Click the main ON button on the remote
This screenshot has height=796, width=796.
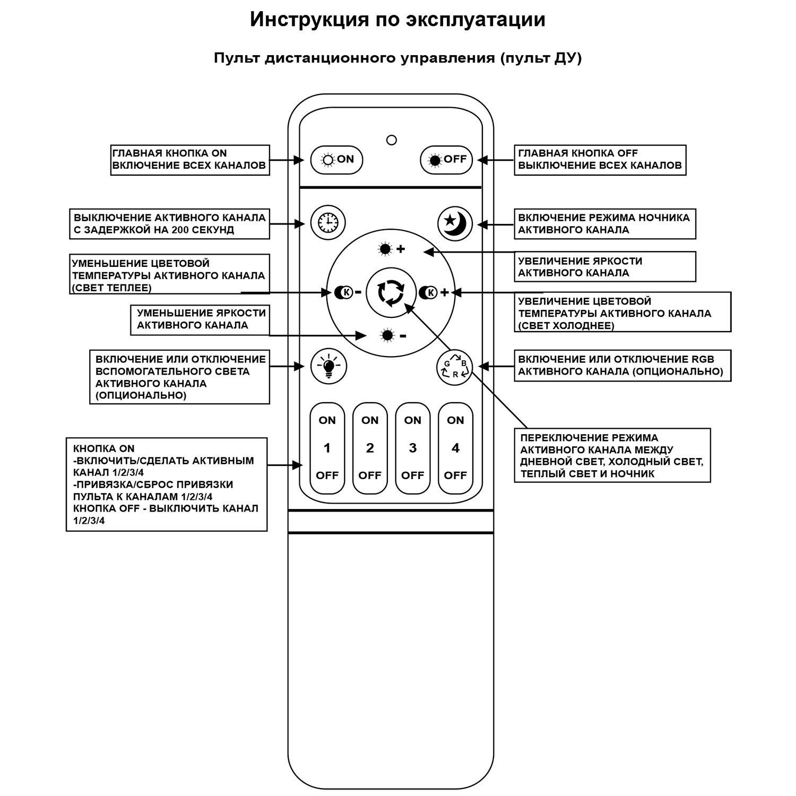pyautogui.click(x=336, y=159)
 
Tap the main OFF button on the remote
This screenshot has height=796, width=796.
pyautogui.click(x=446, y=159)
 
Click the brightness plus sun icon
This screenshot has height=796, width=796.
pyautogui.click(x=391, y=249)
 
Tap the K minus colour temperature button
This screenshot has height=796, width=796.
pyautogui.click(x=348, y=292)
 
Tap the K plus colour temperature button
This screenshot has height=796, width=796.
pyautogui.click(x=433, y=292)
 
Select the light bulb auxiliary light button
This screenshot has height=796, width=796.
pyautogui.click(x=328, y=366)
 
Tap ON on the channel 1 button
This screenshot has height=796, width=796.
pyautogui.click(x=327, y=420)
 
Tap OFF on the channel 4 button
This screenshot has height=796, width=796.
pyautogui.click(x=455, y=475)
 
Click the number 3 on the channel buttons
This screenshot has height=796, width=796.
pyautogui.click(x=413, y=448)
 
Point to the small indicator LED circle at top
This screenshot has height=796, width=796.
pyautogui.click(x=392, y=140)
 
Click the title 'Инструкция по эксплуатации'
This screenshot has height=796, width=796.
pyautogui.click(x=397, y=20)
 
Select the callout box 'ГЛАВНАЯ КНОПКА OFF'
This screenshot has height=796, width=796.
pyautogui.click(x=600, y=159)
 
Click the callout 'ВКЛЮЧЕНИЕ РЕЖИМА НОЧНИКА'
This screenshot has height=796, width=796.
pyautogui.click(x=604, y=223)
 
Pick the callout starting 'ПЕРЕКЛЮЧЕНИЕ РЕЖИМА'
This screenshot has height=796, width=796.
pyautogui.click(x=612, y=455)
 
